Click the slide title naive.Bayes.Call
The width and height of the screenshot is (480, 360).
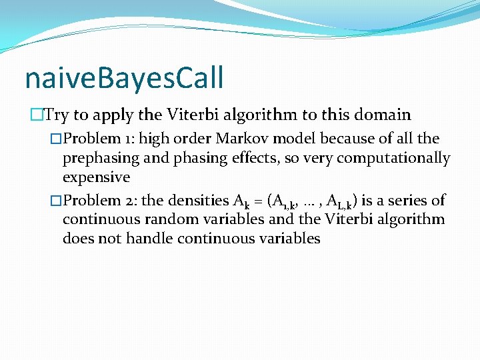tap(124, 78)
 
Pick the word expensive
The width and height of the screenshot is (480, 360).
tap(96, 178)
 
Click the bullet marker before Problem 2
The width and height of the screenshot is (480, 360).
tap(57, 200)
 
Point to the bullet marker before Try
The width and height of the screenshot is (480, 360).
tap(36, 115)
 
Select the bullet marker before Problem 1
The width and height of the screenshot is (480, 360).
tap(57, 139)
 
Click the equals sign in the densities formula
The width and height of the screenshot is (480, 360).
tap(256, 200)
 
